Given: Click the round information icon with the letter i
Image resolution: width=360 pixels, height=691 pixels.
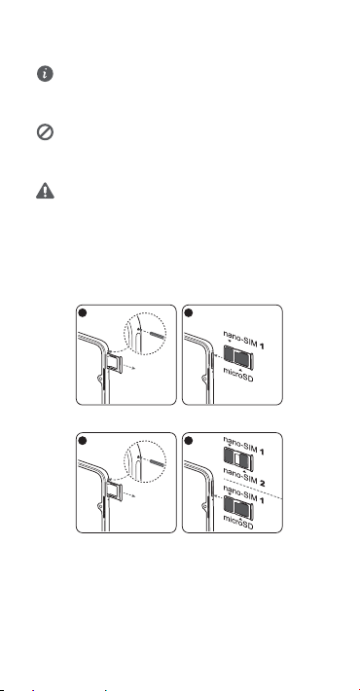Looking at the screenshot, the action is (x=45, y=74).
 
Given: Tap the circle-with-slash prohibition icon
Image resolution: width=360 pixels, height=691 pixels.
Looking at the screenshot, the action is (x=45, y=132).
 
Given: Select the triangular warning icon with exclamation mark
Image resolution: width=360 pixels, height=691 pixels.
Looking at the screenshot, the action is (x=45, y=191).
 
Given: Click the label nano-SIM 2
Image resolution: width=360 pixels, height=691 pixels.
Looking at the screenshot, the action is (x=243, y=479).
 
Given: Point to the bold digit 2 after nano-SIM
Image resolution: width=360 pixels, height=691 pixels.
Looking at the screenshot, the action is (x=262, y=484).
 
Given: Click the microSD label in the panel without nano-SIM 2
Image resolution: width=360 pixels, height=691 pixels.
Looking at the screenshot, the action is (x=238, y=375).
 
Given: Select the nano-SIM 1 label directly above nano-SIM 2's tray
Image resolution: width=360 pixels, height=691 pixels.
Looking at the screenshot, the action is (x=243, y=446).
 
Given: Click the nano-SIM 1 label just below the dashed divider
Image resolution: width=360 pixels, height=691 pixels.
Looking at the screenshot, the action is (x=243, y=491).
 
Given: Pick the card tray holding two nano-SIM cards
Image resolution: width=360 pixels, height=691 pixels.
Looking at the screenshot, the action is (x=238, y=459).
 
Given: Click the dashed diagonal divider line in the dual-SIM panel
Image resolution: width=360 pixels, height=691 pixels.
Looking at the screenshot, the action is (x=253, y=488).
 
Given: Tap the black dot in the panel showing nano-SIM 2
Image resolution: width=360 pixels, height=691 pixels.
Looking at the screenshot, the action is (x=188, y=440).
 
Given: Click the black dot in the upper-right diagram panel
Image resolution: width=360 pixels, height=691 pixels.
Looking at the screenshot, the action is (x=188, y=312).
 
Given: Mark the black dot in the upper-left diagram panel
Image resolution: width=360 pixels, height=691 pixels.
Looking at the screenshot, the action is (x=82, y=312).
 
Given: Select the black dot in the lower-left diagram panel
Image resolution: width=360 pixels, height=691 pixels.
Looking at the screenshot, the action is (x=82, y=440).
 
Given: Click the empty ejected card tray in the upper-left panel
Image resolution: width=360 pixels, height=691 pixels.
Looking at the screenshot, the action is (x=113, y=361).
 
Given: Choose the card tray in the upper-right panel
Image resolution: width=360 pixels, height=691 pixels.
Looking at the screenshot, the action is (x=238, y=356).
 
